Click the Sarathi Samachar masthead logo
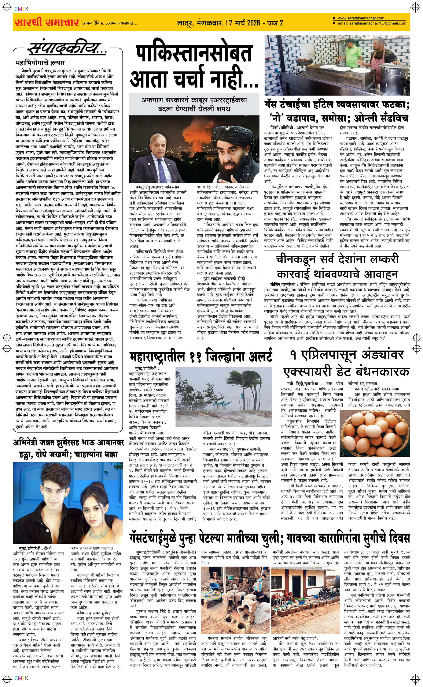tap(47, 23)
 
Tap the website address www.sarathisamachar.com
tap(361, 18)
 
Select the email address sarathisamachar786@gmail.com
tap(372, 23)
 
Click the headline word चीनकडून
tap(296, 259)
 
